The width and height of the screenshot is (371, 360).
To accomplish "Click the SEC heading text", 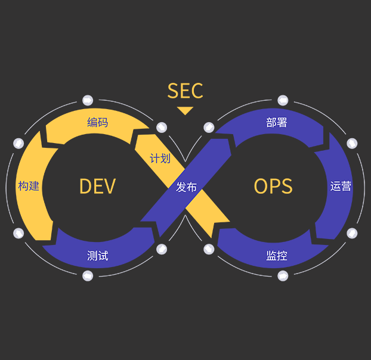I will tap(185, 91).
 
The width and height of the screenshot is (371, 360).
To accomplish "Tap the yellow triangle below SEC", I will tap(185, 110).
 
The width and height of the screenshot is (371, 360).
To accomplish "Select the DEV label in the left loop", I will tap(97, 187).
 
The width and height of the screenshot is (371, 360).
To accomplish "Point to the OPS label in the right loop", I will tap(273, 187).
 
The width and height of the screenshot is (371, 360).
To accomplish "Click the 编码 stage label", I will tap(98, 123).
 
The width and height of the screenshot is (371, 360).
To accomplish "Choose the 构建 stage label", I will tap(29, 186).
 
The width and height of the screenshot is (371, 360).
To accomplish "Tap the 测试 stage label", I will tap(98, 256).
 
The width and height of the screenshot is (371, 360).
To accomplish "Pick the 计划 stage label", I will tap(160, 159).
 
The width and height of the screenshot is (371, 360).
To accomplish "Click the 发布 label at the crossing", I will tap(186, 187).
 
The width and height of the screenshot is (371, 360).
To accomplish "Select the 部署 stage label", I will tap(276, 123).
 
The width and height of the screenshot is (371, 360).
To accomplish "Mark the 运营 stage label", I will tap(341, 186).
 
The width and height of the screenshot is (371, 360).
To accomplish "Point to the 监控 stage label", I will tap(276, 256).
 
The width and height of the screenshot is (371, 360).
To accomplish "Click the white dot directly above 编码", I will tap(88, 100).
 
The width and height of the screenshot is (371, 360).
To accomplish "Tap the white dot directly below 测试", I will tap(88, 275).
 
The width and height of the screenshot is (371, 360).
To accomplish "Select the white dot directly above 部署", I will tap(283, 100).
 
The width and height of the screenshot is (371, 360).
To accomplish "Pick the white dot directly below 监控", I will tap(283, 275).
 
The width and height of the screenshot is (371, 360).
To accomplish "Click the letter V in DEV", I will tap(109, 187).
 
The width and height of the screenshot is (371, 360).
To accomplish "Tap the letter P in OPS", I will tap(273, 187).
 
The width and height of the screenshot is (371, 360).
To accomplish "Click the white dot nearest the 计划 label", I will tap(162, 128).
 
